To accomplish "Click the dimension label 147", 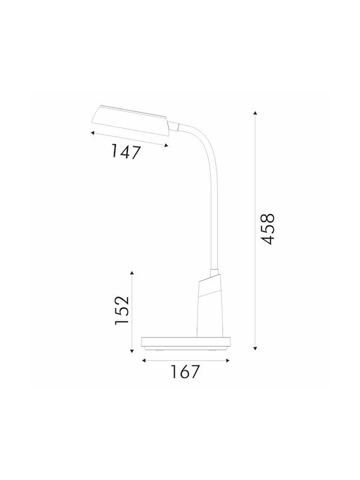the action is pos(125,151).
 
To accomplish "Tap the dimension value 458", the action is pos(265,229).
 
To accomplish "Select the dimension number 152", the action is pos(122,311).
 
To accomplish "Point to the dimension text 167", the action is pos(185,371).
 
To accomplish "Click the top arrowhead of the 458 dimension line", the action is pos(255,113).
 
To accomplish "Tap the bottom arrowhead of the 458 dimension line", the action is pos(255,349).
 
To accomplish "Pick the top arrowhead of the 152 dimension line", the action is pos(132,273).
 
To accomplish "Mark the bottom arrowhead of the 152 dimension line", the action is pos(132,351).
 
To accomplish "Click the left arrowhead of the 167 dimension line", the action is pos(143,361).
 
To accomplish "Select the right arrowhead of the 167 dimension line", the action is pos(227,361).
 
